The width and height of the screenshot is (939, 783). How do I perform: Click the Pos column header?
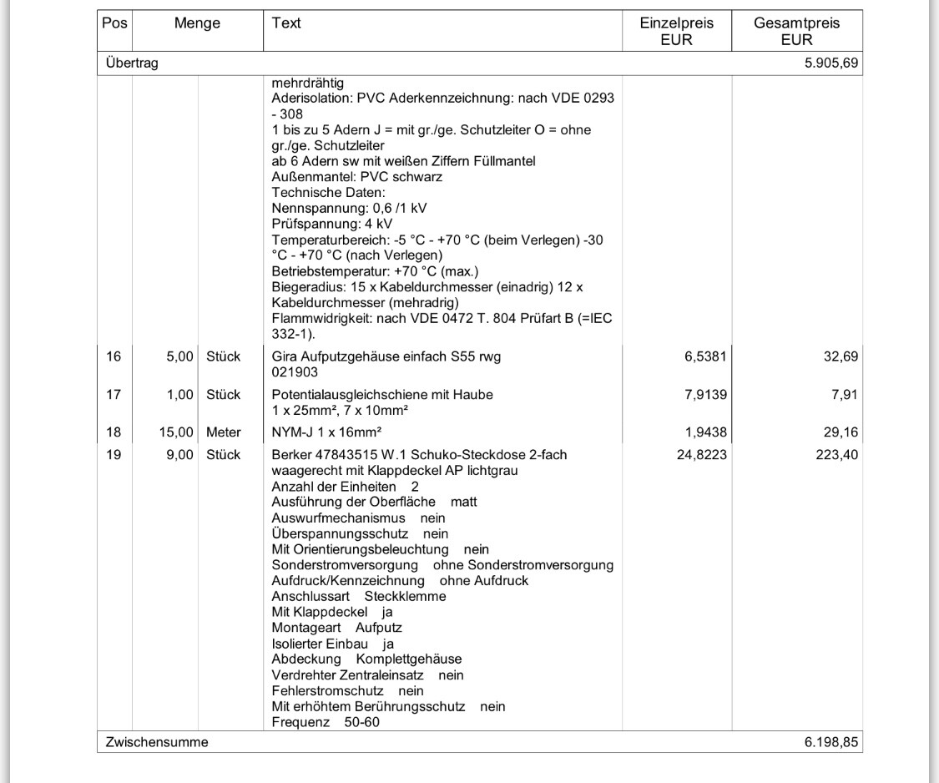114,24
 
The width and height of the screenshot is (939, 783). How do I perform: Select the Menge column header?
197,24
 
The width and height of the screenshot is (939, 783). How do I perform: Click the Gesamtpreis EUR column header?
796,32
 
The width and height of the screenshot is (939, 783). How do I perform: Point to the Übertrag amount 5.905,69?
831,63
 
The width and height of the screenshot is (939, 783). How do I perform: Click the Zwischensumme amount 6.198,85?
831,742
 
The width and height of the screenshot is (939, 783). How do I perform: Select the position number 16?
114,356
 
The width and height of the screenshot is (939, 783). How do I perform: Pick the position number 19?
114,455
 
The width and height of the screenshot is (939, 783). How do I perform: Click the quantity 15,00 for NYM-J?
177,432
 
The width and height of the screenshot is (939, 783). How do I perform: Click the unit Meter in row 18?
224,432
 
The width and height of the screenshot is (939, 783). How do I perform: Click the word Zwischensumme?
156,742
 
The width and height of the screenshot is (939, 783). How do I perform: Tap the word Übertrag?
132,63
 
